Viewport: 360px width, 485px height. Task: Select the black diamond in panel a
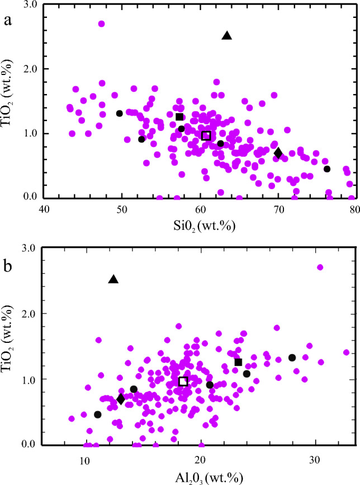(x=278, y=153)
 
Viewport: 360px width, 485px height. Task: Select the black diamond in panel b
(x=121, y=399)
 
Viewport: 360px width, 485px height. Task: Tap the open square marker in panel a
(x=206, y=136)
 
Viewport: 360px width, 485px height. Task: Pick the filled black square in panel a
(x=179, y=117)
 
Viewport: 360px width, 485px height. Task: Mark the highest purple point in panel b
(x=320, y=267)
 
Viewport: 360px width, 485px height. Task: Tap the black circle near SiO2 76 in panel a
(x=327, y=169)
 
